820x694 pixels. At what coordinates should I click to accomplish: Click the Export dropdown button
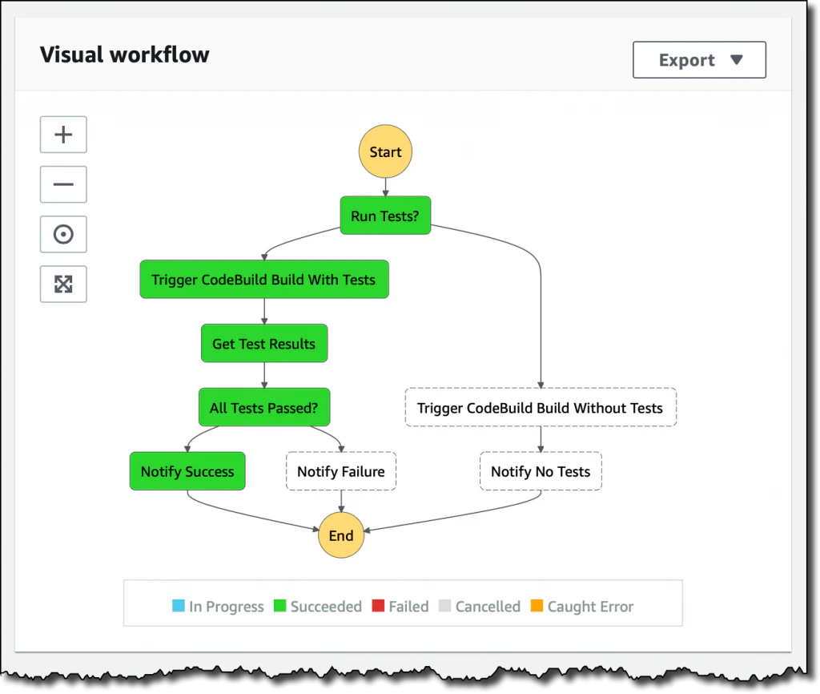click(x=699, y=60)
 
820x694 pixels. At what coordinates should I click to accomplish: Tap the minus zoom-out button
click(x=63, y=184)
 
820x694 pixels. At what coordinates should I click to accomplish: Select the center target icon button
click(x=63, y=234)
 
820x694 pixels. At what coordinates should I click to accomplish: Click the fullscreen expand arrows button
click(x=63, y=284)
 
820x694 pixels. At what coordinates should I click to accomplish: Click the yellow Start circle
click(x=385, y=151)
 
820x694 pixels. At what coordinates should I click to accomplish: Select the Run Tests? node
click(x=385, y=216)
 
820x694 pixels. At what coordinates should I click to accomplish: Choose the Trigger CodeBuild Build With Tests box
click(x=264, y=280)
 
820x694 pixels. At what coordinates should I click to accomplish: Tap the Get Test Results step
click(x=264, y=344)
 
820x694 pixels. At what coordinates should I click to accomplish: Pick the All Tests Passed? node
click(x=264, y=408)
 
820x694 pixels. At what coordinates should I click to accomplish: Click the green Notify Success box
click(x=187, y=471)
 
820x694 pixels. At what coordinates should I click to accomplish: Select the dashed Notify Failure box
click(x=341, y=471)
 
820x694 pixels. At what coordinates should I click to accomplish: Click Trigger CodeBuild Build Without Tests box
click(x=541, y=408)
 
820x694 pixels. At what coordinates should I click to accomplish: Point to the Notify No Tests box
click(x=541, y=471)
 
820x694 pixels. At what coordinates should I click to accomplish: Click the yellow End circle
click(x=341, y=535)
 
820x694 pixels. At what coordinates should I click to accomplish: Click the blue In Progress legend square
click(x=179, y=606)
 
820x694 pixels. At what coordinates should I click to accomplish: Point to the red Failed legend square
click(x=378, y=606)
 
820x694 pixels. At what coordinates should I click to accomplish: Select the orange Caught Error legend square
click(x=537, y=606)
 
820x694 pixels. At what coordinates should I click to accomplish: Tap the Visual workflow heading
click(x=125, y=54)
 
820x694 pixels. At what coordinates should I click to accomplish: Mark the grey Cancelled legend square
click(x=444, y=606)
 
